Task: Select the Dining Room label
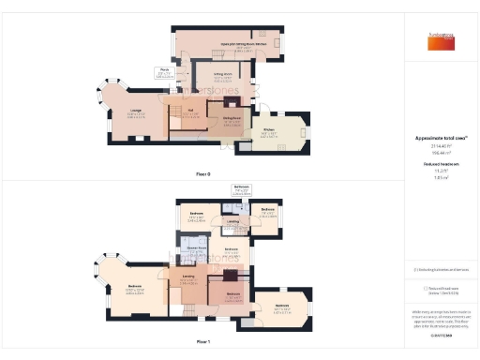click(x=232, y=117)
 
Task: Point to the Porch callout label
click(x=163, y=69)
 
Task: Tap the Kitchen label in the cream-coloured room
click(x=269, y=131)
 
